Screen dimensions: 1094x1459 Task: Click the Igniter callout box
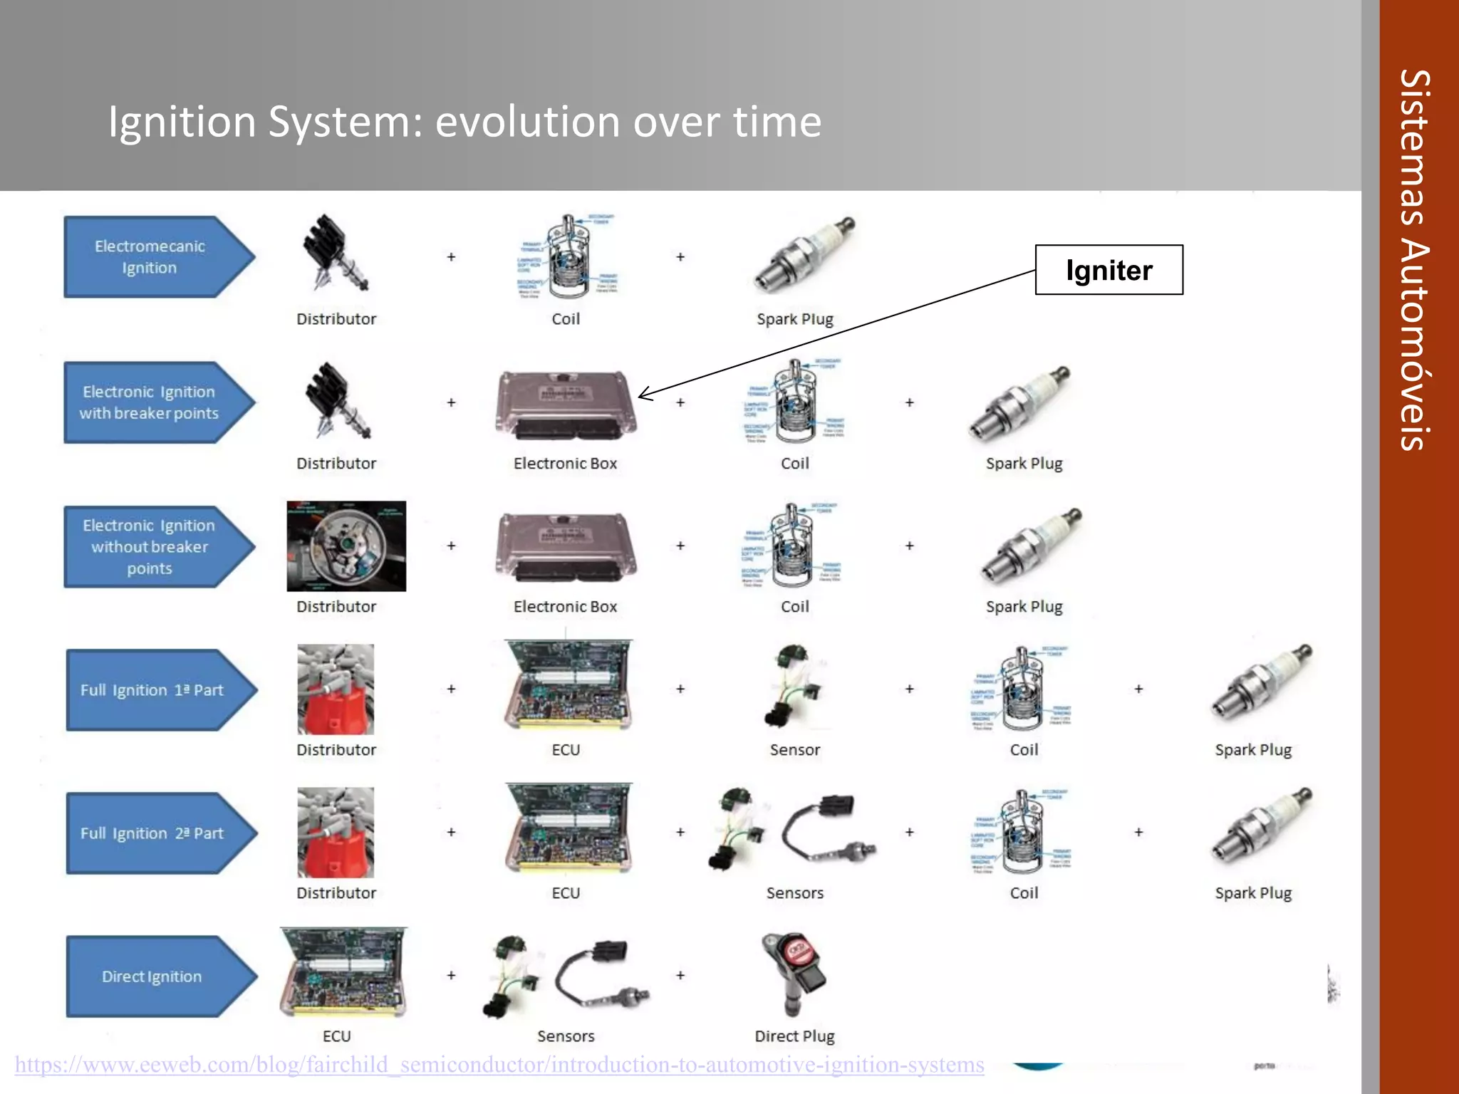pos(1108,270)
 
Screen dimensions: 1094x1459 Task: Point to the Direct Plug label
pos(794,1036)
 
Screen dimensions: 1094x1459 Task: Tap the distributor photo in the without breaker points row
pos(346,546)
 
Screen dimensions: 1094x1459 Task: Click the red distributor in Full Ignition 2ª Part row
pos(336,832)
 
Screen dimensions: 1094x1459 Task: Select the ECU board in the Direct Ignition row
pos(343,972)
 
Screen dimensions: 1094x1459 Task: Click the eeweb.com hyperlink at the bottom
pos(499,1065)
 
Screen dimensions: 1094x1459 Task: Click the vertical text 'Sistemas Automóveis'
pos(1415,260)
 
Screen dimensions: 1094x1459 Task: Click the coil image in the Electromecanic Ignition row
pos(568,256)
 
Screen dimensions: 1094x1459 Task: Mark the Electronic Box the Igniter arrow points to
pos(566,404)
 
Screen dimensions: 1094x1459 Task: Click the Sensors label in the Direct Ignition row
pos(566,1036)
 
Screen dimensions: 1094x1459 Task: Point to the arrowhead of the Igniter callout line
pos(641,396)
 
